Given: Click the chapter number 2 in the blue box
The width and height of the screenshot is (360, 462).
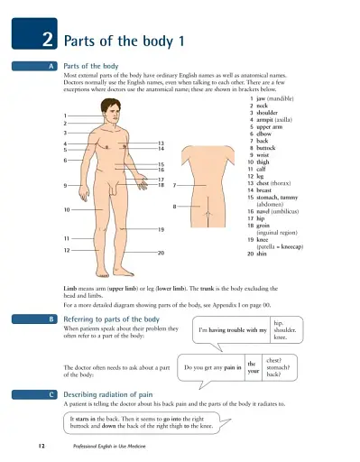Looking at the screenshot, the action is coord(45,40).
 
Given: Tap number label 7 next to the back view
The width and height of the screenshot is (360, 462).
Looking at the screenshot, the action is coord(174,185).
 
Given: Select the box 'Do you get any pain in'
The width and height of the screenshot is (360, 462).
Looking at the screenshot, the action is coord(212,368).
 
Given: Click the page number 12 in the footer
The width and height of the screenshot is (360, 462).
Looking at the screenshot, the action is coord(42,446).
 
